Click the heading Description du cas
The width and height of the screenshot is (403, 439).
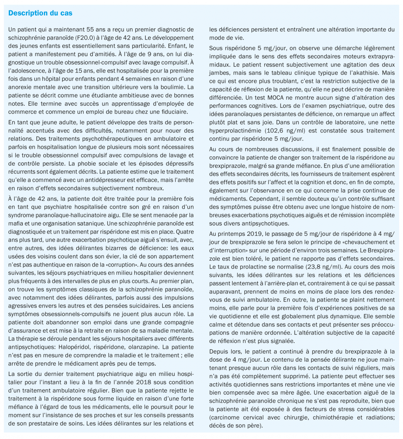40,13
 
